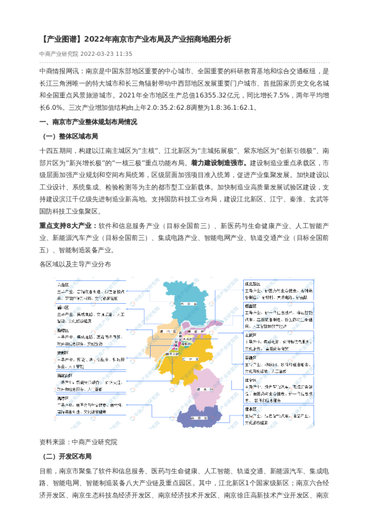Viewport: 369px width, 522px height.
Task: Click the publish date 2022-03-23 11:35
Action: coord(115,53)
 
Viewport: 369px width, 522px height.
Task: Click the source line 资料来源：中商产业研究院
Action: coord(78,442)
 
